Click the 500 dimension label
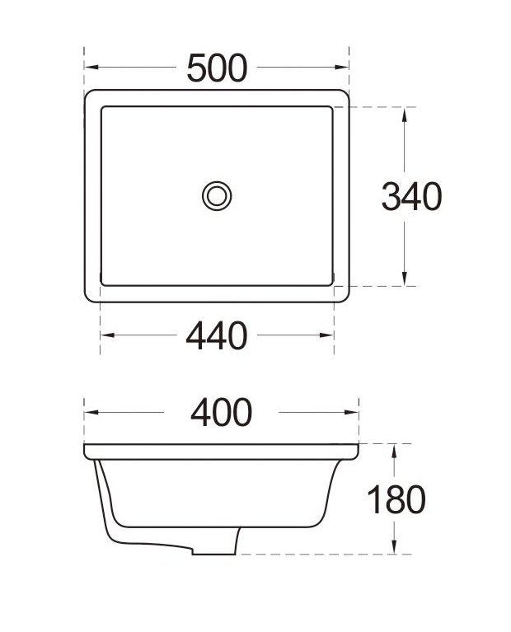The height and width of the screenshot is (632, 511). (217, 68)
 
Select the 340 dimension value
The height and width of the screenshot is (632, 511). (411, 196)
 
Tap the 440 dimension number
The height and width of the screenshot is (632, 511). (217, 335)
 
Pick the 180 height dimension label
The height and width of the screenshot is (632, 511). (396, 499)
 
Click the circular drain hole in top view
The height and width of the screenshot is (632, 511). (217, 195)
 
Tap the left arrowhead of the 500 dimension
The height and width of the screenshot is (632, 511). (91, 68)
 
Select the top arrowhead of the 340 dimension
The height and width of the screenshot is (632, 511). (404, 113)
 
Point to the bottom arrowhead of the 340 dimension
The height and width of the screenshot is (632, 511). (404, 279)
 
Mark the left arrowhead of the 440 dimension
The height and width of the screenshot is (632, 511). (106, 335)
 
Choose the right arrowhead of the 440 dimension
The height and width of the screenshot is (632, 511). (327, 335)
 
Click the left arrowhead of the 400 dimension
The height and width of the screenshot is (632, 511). (91, 412)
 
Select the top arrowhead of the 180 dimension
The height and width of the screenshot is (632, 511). (396, 450)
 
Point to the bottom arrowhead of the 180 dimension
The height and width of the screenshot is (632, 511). (396, 547)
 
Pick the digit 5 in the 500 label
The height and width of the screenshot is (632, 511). (198, 68)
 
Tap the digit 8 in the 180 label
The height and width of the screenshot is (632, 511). (396, 499)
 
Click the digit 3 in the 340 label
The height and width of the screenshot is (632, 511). (391, 196)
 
